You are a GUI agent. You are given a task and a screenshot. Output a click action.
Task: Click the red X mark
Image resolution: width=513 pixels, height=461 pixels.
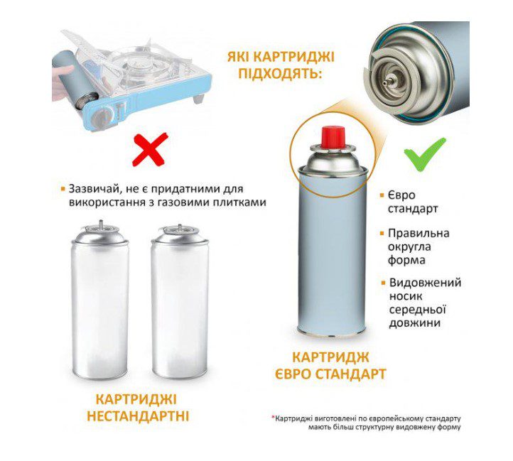coord(150,149)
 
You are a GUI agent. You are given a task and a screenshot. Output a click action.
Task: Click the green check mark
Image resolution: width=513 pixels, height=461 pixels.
coord(425,154)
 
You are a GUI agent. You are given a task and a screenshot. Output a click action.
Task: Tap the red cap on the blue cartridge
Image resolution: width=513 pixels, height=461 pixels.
coord(333,137)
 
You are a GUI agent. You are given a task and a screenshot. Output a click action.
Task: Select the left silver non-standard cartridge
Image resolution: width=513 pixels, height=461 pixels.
coord(99,299)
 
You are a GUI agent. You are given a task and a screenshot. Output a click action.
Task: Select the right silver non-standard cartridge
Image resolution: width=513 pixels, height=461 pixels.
coord(180,300)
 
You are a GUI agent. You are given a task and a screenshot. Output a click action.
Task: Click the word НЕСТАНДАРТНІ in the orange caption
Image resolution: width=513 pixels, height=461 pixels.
coord(138,416)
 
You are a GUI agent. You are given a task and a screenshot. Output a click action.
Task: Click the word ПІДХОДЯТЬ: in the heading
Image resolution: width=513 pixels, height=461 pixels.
coord(280,73)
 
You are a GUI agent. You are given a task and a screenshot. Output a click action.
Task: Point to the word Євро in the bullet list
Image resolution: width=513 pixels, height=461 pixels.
coord(401,195)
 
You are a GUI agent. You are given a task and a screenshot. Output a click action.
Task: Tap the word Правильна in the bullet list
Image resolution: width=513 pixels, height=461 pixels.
coord(418,233)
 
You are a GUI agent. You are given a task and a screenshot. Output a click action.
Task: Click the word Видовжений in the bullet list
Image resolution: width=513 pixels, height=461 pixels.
coord(425,283)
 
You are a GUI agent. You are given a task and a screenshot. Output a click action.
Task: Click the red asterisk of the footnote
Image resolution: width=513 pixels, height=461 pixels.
coord(273,418)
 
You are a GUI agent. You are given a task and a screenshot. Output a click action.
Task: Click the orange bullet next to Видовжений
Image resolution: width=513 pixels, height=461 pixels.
coord(384,283)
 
